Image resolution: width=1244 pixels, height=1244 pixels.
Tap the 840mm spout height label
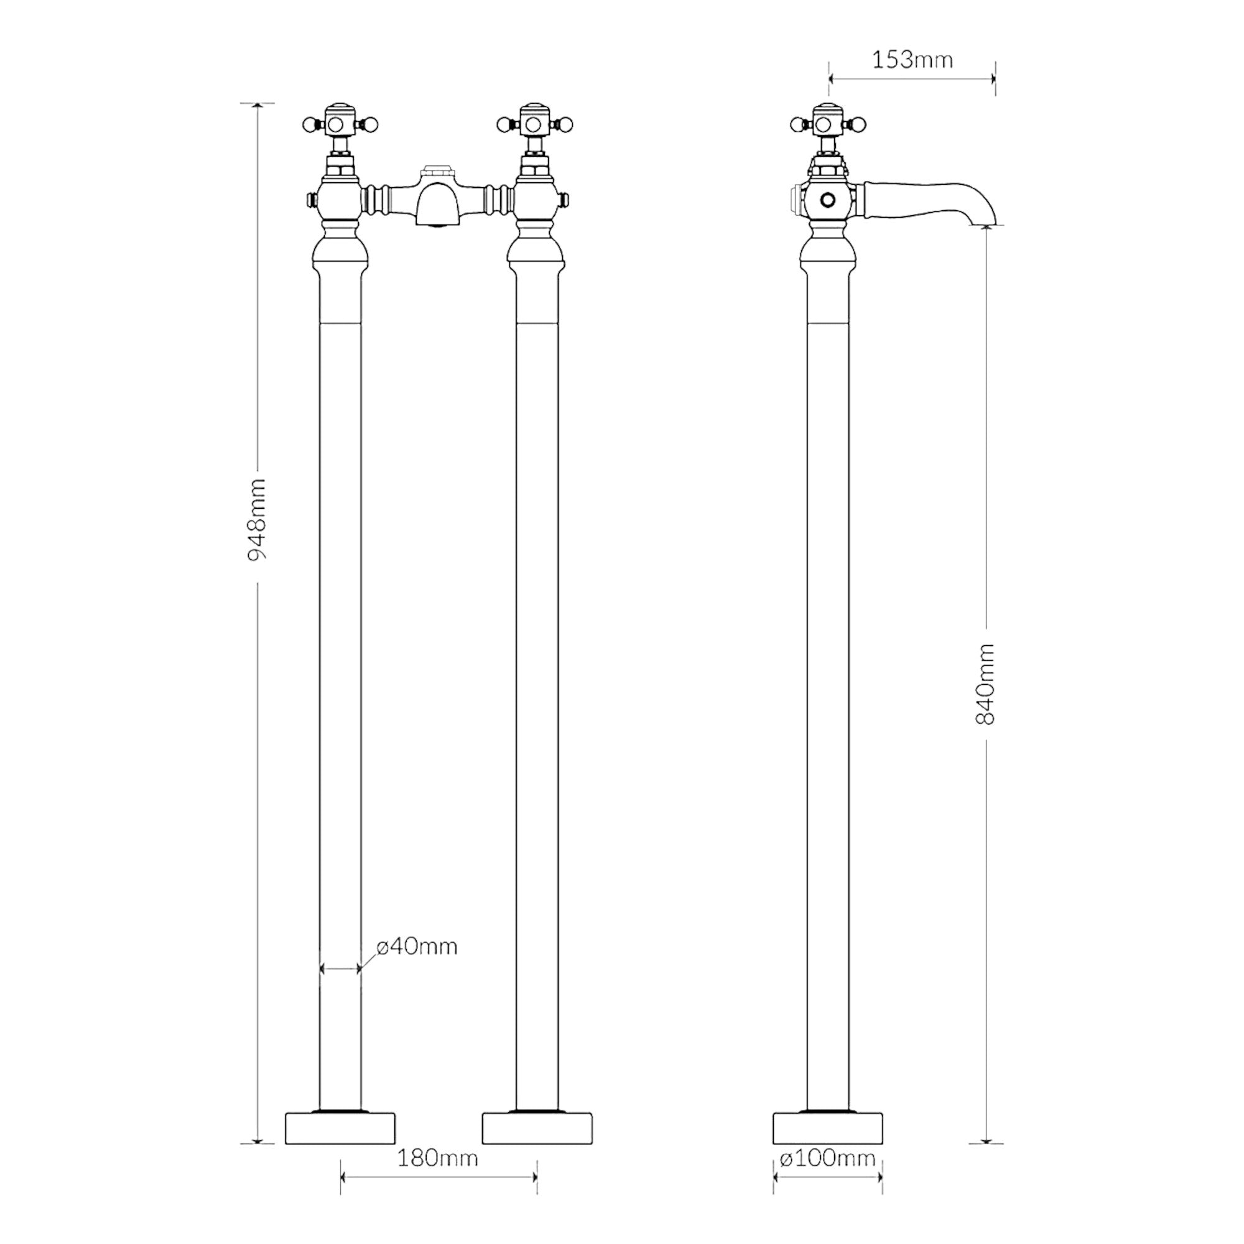point(986,684)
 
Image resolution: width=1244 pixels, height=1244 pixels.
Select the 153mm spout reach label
point(912,60)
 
